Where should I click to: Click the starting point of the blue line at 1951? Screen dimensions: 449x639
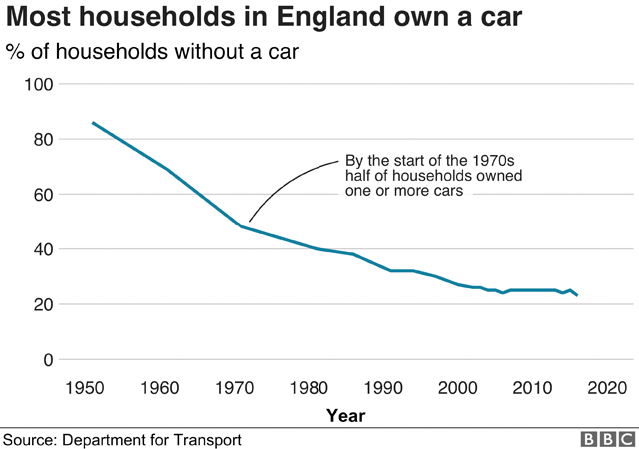pyautogui.click(x=92, y=123)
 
